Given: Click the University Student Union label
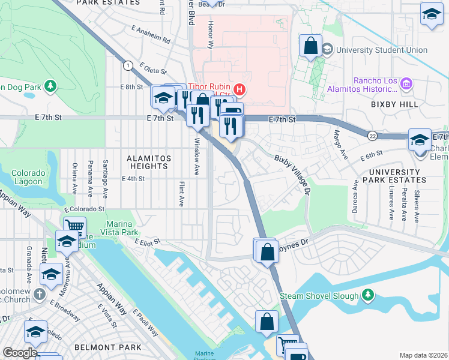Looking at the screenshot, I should pos(382,50).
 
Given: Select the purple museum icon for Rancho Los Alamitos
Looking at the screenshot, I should pos(406,85).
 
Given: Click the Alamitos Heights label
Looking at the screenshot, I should pos(148,162).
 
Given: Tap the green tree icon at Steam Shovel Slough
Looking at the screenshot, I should pos(368,296).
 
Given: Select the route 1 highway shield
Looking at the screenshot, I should pos(128,65).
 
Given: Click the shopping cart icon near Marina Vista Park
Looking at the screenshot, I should pos(74,227).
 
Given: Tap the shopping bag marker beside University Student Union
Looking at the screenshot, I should pos(311,46).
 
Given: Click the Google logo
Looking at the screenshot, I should pos(20,353).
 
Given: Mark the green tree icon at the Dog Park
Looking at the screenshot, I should pos(50,87).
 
